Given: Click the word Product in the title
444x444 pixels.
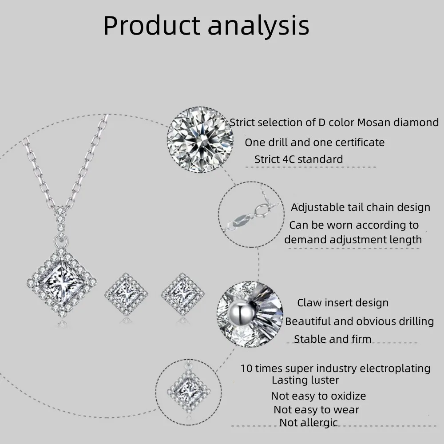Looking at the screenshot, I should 151,26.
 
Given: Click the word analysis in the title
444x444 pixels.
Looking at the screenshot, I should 258,26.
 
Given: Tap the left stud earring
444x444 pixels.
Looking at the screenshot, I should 126,293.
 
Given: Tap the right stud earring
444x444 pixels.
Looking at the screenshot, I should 182,293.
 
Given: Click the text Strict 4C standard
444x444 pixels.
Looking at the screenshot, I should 298,159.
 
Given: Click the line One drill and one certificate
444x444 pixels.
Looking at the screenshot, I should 314,142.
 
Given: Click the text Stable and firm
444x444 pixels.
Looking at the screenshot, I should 332,339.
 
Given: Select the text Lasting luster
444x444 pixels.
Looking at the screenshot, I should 305,380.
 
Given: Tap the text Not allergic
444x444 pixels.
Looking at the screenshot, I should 308,423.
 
